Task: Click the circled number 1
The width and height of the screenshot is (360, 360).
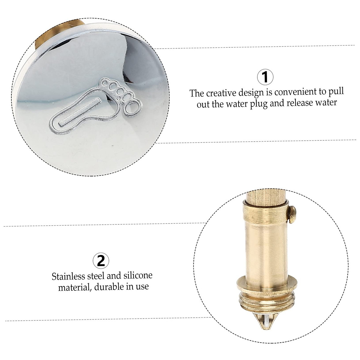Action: tap(265, 77)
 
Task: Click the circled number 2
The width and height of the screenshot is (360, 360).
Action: tap(101, 261)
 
